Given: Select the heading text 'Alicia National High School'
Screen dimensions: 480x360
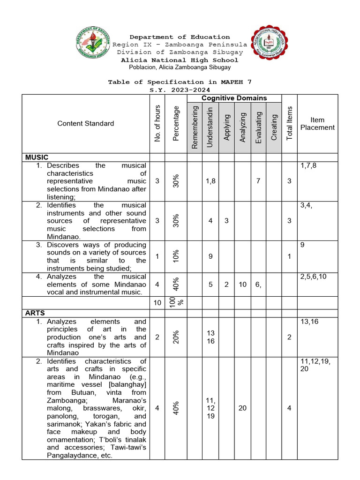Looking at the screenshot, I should coord(180,60).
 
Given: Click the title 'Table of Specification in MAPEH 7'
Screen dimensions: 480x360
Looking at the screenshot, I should coord(180,82).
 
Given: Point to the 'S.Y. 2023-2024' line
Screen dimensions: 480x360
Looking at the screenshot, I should coord(180,90).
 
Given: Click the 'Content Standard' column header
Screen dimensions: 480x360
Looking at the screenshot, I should coord(86,123).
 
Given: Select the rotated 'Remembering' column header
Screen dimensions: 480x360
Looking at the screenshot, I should coord(195,127).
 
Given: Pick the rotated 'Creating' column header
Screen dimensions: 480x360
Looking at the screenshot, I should coord(274,127).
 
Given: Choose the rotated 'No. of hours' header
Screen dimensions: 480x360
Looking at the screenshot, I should coord(157,123).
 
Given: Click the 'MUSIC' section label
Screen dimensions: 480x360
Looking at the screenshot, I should coord(37,157).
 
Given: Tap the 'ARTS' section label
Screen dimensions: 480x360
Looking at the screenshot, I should coord(36,313).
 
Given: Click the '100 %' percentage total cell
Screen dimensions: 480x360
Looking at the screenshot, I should coord(172,303).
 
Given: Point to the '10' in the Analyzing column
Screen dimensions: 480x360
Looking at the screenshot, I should coord(242,284).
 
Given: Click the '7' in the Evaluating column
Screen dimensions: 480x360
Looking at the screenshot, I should coord(258,181).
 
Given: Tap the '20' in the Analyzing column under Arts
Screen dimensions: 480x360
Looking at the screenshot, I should coord(242,408).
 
